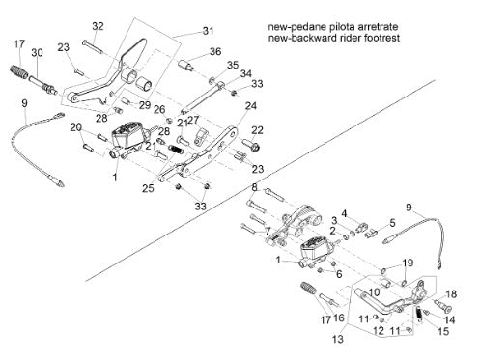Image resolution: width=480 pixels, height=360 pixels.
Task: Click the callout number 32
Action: pyautogui.click(x=98, y=26)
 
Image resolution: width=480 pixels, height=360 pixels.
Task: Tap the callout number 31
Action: pyautogui.click(x=208, y=31)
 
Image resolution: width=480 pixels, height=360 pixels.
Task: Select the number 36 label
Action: pyautogui.click(x=215, y=51)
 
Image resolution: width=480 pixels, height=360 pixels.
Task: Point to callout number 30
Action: pyautogui.click(x=37, y=53)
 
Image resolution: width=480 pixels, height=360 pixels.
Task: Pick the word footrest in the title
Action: pyautogui.click(x=382, y=38)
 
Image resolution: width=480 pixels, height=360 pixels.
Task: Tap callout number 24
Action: pyautogui.click(x=251, y=106)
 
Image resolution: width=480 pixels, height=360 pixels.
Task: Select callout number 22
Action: pyautogui.click(x=257, y=130)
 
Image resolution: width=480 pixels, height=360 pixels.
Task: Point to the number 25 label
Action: pyautogui.click(x=148, y=188)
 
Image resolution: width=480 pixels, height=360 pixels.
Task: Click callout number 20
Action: pyautogui.click(x=76, y=127)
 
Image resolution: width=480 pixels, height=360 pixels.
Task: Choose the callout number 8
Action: pyautogui.click(x=254, y=187)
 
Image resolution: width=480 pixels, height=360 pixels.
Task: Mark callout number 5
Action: pyautogui.click(x=392, y=223)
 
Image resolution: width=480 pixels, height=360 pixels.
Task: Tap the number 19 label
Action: pyautogui.click(x=408, y=263)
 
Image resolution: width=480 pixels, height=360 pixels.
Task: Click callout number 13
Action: pyautogui.click(x=338, y=339)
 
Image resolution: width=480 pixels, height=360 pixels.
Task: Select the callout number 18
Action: pyautogui.click(x=451, y=293)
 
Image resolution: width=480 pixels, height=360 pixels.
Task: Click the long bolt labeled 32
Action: pyautogui.click(x=93, y=46)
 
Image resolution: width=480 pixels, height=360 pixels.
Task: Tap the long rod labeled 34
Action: pyautogui.click(x=202, y=97)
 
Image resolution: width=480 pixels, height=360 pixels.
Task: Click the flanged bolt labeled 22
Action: pyautogui.click(x=251, y=144)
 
